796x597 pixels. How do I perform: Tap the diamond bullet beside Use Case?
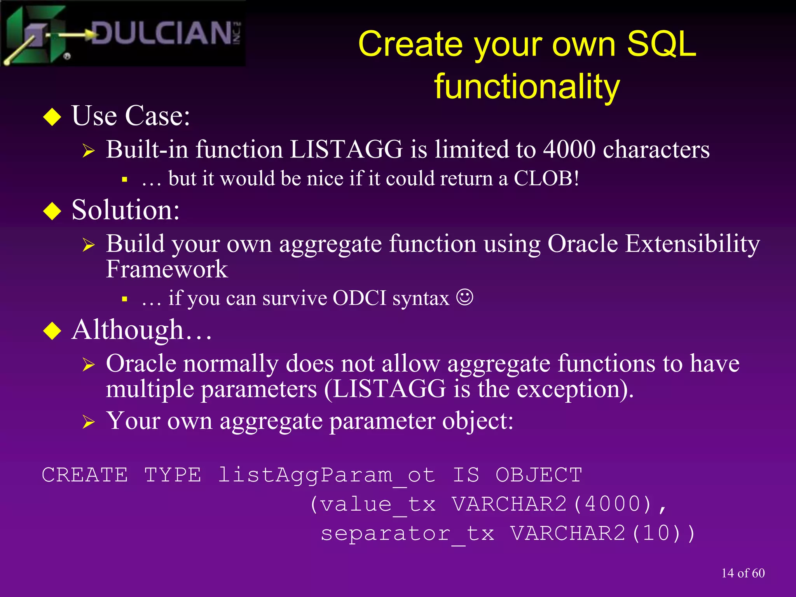click(52, 117)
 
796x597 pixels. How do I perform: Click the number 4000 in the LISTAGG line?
click(569, 150)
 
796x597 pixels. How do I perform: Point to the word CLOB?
click(546, 179)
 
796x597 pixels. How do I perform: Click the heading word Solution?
click(126, 210)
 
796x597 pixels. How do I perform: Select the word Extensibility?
click(692, 244)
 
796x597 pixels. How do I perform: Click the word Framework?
click(167, 269)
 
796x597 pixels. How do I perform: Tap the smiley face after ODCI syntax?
click(464, 298)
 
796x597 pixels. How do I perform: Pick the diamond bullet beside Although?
click(52, 331)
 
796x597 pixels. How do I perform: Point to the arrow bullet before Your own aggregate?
click(89, 422)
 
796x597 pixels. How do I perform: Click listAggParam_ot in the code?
click(326, 475)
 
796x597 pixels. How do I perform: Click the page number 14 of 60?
click(743, 573)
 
